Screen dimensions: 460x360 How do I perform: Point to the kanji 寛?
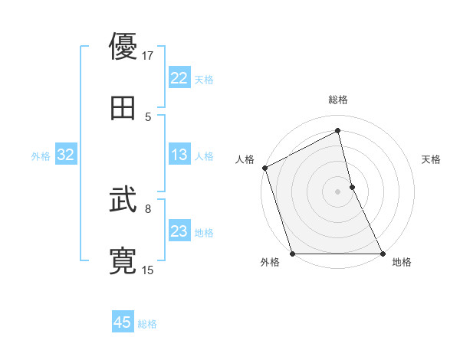point(123,261)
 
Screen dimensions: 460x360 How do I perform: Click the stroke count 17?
point(148,55)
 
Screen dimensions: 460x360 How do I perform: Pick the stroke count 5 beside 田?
point(148,116)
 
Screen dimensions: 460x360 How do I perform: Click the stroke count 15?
point(148,270)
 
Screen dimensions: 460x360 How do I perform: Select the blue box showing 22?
point(179,78)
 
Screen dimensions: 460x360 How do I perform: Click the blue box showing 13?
point(179,155)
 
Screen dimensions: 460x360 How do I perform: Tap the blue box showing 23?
point(179,232)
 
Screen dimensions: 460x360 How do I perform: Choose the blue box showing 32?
point(65,155)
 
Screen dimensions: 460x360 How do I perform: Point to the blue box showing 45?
point(123,322)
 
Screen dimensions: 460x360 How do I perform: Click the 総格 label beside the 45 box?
point(147,324)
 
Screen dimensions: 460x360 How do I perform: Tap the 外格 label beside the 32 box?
point(41,156)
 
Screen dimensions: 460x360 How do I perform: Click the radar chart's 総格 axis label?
point(338,100)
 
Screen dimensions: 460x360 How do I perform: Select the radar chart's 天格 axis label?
point(431,159)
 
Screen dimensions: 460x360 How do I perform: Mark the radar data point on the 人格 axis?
point(265,168)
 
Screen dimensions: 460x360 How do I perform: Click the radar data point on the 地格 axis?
point(382,253)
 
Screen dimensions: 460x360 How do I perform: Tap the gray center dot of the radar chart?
point(338,191)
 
